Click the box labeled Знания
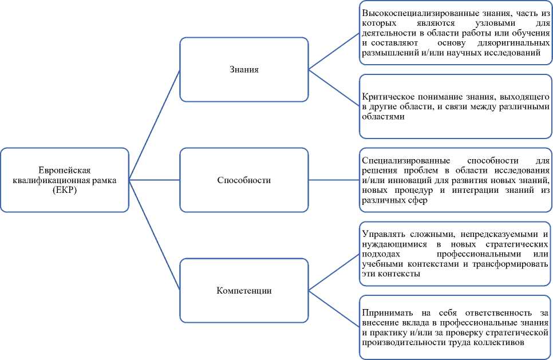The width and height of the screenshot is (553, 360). click(x=244, y=70)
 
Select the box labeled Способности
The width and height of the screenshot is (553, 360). click(x=244, y=180)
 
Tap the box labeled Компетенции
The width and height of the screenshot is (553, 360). click(x=244, y=290)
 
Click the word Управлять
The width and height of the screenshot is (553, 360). click(x=382, y=235)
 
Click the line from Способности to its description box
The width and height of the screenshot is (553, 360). click(x=334, y=180)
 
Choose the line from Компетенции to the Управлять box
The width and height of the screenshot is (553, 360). click(x=334, y=268)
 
